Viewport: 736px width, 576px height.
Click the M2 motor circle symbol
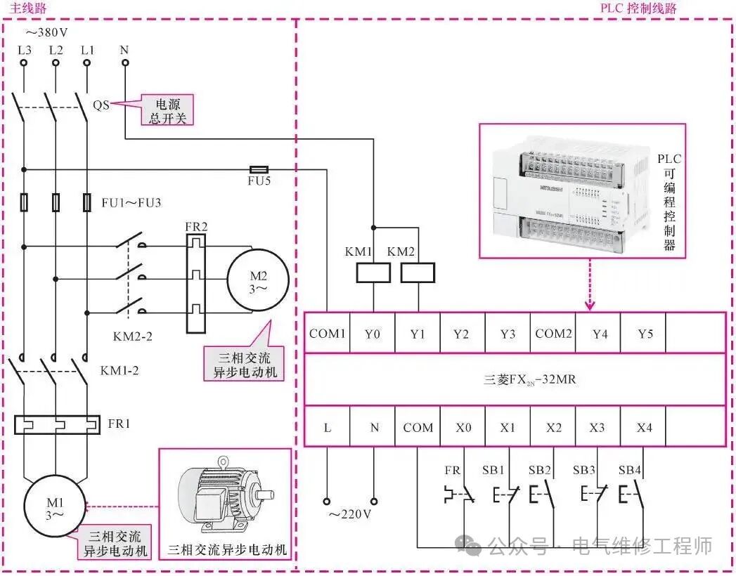point(257,278)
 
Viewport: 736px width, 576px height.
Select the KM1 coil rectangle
point(373,273)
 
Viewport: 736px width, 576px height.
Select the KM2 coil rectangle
point(418,273)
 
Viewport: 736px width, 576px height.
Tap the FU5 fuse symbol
point(259,169)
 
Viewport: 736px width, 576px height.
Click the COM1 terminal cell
point(327,333)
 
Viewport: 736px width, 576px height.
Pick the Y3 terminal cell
point(508,333)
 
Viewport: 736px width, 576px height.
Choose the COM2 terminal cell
point(553,333)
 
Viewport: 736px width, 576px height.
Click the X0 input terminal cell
point(463,427)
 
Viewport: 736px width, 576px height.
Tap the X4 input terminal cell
point(644,427)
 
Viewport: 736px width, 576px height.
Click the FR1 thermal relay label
point(119,424)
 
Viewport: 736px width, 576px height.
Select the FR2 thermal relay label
point(196,228)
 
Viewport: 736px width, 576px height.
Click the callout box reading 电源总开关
point(167,110)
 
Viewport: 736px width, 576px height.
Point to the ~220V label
point(349,514)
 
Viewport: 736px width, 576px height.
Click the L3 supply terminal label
point(24,50)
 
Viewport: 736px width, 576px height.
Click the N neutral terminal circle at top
point(125,63)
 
